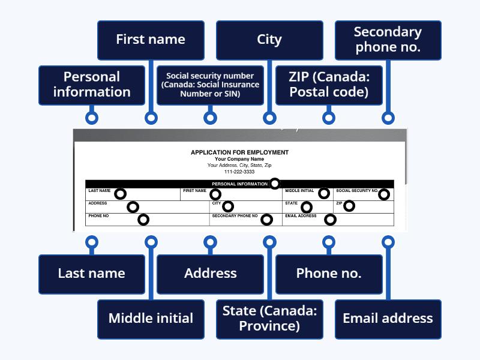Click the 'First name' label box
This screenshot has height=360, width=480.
[151, 40]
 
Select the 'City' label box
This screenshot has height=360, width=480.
[269, 40]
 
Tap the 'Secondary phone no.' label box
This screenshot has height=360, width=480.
[388, 40]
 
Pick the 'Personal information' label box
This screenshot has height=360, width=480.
[92, 85]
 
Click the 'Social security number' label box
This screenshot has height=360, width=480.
[210, 85]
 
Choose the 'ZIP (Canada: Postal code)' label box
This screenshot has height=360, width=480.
[329, 85]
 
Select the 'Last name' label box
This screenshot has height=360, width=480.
[92, 274]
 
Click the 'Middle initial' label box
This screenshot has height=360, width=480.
[151, 319]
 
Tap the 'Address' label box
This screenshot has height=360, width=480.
[210, 274]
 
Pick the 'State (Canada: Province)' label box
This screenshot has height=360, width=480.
[269, 319]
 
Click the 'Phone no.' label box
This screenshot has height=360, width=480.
[329, 274]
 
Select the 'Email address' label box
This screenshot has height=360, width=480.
[388, 319]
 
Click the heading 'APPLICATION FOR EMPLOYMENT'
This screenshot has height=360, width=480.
[239, 152]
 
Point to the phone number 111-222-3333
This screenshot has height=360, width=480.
[239, 172]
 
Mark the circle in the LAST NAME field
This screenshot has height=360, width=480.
[120, 194]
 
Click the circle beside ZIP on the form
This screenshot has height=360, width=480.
[349, 206]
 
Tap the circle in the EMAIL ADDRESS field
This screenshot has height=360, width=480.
[330, 220]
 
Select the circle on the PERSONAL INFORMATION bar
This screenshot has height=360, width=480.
[274, 183]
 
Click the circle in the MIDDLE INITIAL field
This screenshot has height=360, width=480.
[324, 193]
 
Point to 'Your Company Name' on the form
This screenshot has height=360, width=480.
[239, 159]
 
